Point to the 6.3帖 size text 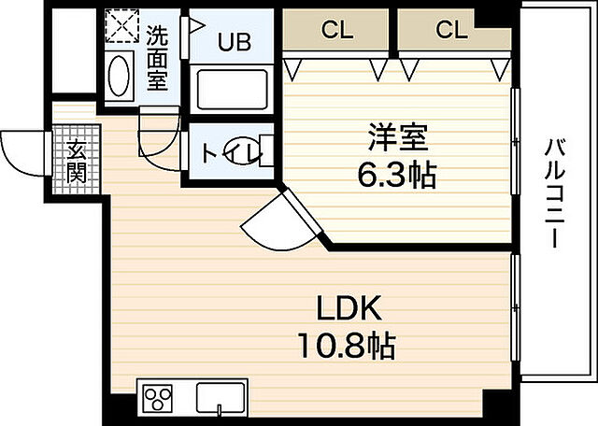tap(397, 175)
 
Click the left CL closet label tap(338, 30)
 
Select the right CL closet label tap(451, 30)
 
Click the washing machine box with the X tap(119, 29)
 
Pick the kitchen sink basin tap(221, 399)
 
